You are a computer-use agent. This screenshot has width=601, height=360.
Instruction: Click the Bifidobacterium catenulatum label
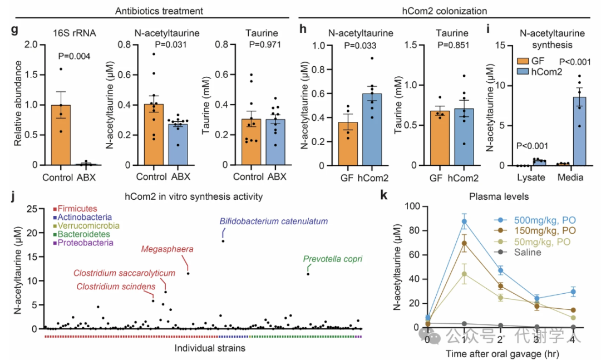tap(274, 221)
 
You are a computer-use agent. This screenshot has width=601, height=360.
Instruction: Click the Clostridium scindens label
tap(116, 287)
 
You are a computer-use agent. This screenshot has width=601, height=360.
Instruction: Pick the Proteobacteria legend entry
tap(83, 243)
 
